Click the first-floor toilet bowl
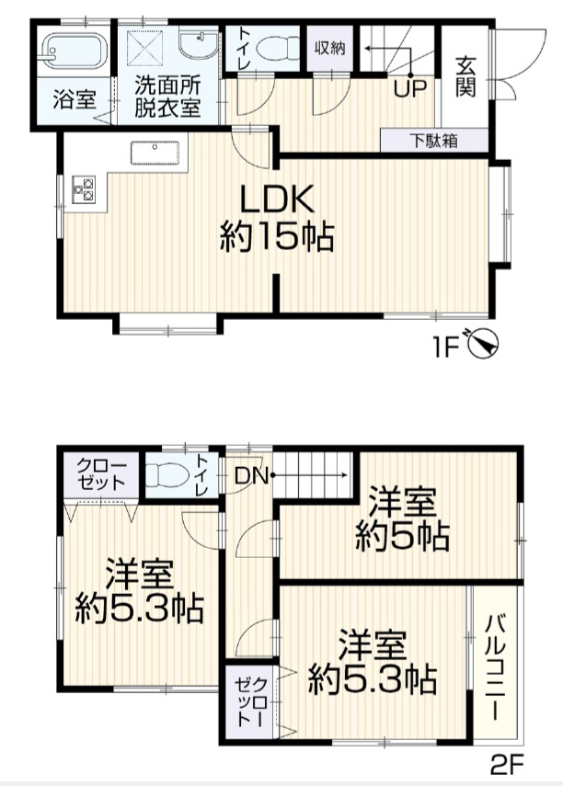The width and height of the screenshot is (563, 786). point(274,46)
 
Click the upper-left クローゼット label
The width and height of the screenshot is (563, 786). point(96,473)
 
